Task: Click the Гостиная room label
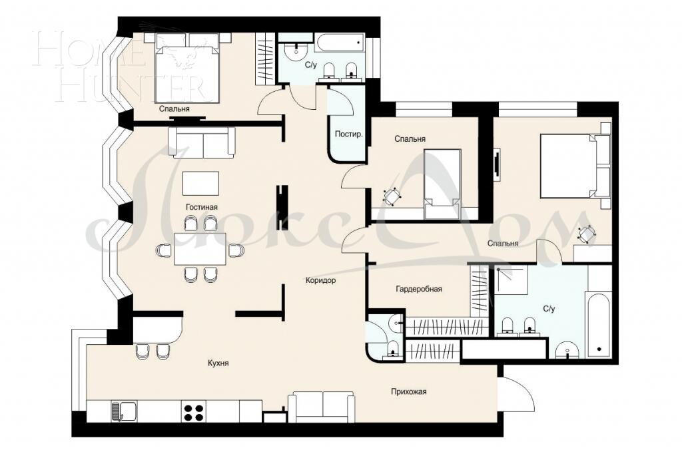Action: (x=202, y=207)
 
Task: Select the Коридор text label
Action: (x=320, y=280)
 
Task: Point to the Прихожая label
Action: (x=408, y=391)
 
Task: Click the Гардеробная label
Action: (x=419, y=289)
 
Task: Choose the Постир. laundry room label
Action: (x=349, y=134)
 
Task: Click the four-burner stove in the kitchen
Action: (x=193, y=412)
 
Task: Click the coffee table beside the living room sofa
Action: (x=200, y=183)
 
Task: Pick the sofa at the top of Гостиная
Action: (x=201, y=141)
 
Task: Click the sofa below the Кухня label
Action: (x=321, y=406)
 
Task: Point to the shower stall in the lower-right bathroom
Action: (x=510, y=280)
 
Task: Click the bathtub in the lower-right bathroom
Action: (x=599, y=326)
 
